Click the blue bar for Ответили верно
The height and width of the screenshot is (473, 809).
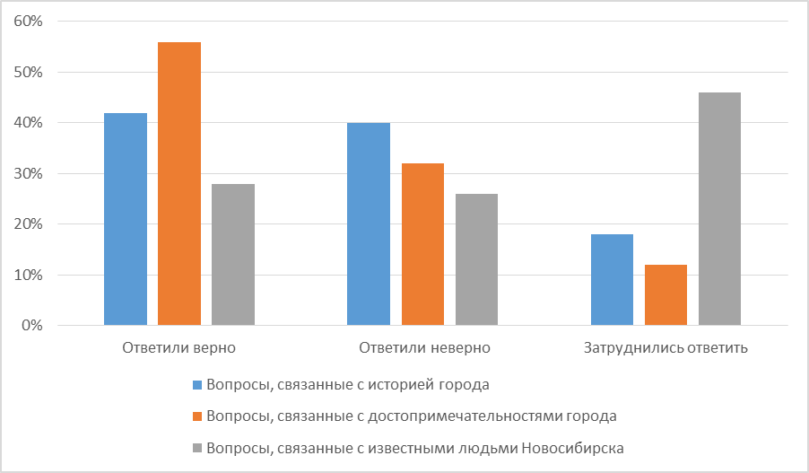[126, 219]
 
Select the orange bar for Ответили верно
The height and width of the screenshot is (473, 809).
[179, 183]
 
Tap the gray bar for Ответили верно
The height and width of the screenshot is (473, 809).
[233, 254]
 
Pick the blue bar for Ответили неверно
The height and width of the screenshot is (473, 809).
[369, 223]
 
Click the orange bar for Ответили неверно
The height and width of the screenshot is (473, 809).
[422, 244]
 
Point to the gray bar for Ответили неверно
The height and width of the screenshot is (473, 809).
[476, 259]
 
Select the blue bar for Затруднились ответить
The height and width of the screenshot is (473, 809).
[612, 279]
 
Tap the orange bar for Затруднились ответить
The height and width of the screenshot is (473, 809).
[665, 294]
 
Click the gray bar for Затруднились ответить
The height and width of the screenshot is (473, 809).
[719, 208]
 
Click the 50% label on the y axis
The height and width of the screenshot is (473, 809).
[29, 72]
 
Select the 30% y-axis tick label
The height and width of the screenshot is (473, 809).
[29, 173]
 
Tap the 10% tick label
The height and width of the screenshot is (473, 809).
[29, 275]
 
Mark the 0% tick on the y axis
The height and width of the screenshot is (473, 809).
[32, 325]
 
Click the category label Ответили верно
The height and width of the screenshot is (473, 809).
[178, 347]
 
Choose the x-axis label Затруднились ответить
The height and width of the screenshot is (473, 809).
[665, 347]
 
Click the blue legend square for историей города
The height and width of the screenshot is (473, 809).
[198, 386]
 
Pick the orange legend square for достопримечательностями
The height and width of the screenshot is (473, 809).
[198, 416]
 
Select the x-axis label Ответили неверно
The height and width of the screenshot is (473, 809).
[423, 347]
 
